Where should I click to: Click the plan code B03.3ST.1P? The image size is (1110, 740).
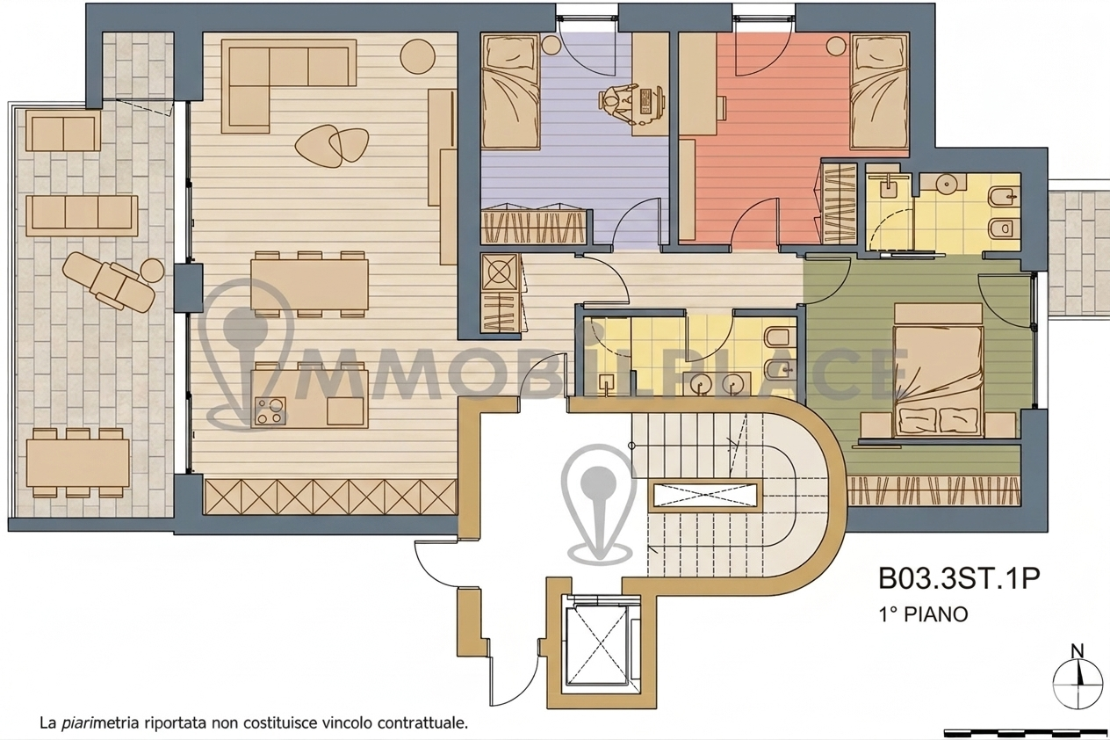pos(959,578)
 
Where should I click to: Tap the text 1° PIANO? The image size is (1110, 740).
pos(923,614)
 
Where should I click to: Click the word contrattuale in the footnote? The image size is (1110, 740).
pos(423,722)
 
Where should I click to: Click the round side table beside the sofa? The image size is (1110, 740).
pos(417,56)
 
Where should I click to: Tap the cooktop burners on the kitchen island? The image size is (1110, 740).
pos(270,410)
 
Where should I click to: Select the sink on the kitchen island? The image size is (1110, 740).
pos(345,410)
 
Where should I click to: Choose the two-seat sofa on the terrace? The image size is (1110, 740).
pos(63,130)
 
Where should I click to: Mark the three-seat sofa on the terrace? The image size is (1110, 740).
pos(82,215)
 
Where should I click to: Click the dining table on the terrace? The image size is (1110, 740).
pos(78,463)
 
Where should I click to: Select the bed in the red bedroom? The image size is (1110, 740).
pos(880,91)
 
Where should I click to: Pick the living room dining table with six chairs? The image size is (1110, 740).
pos(310,284)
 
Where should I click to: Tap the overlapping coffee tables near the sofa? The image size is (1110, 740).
pos(332,144)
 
